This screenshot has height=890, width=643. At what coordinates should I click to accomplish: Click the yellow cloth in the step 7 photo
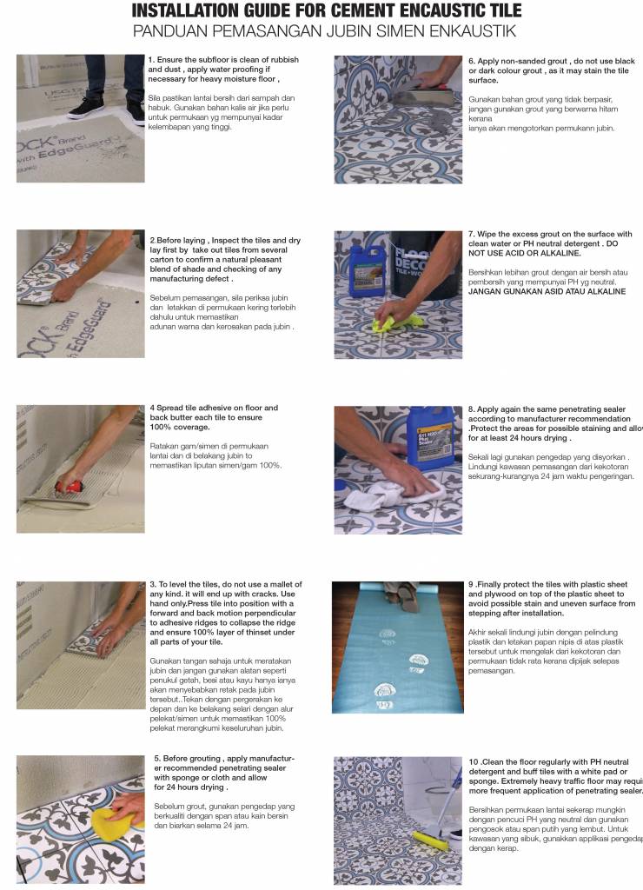(x=388, y=322)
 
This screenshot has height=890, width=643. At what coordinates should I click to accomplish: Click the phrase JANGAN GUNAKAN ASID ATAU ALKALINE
(x=547, y=292)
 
